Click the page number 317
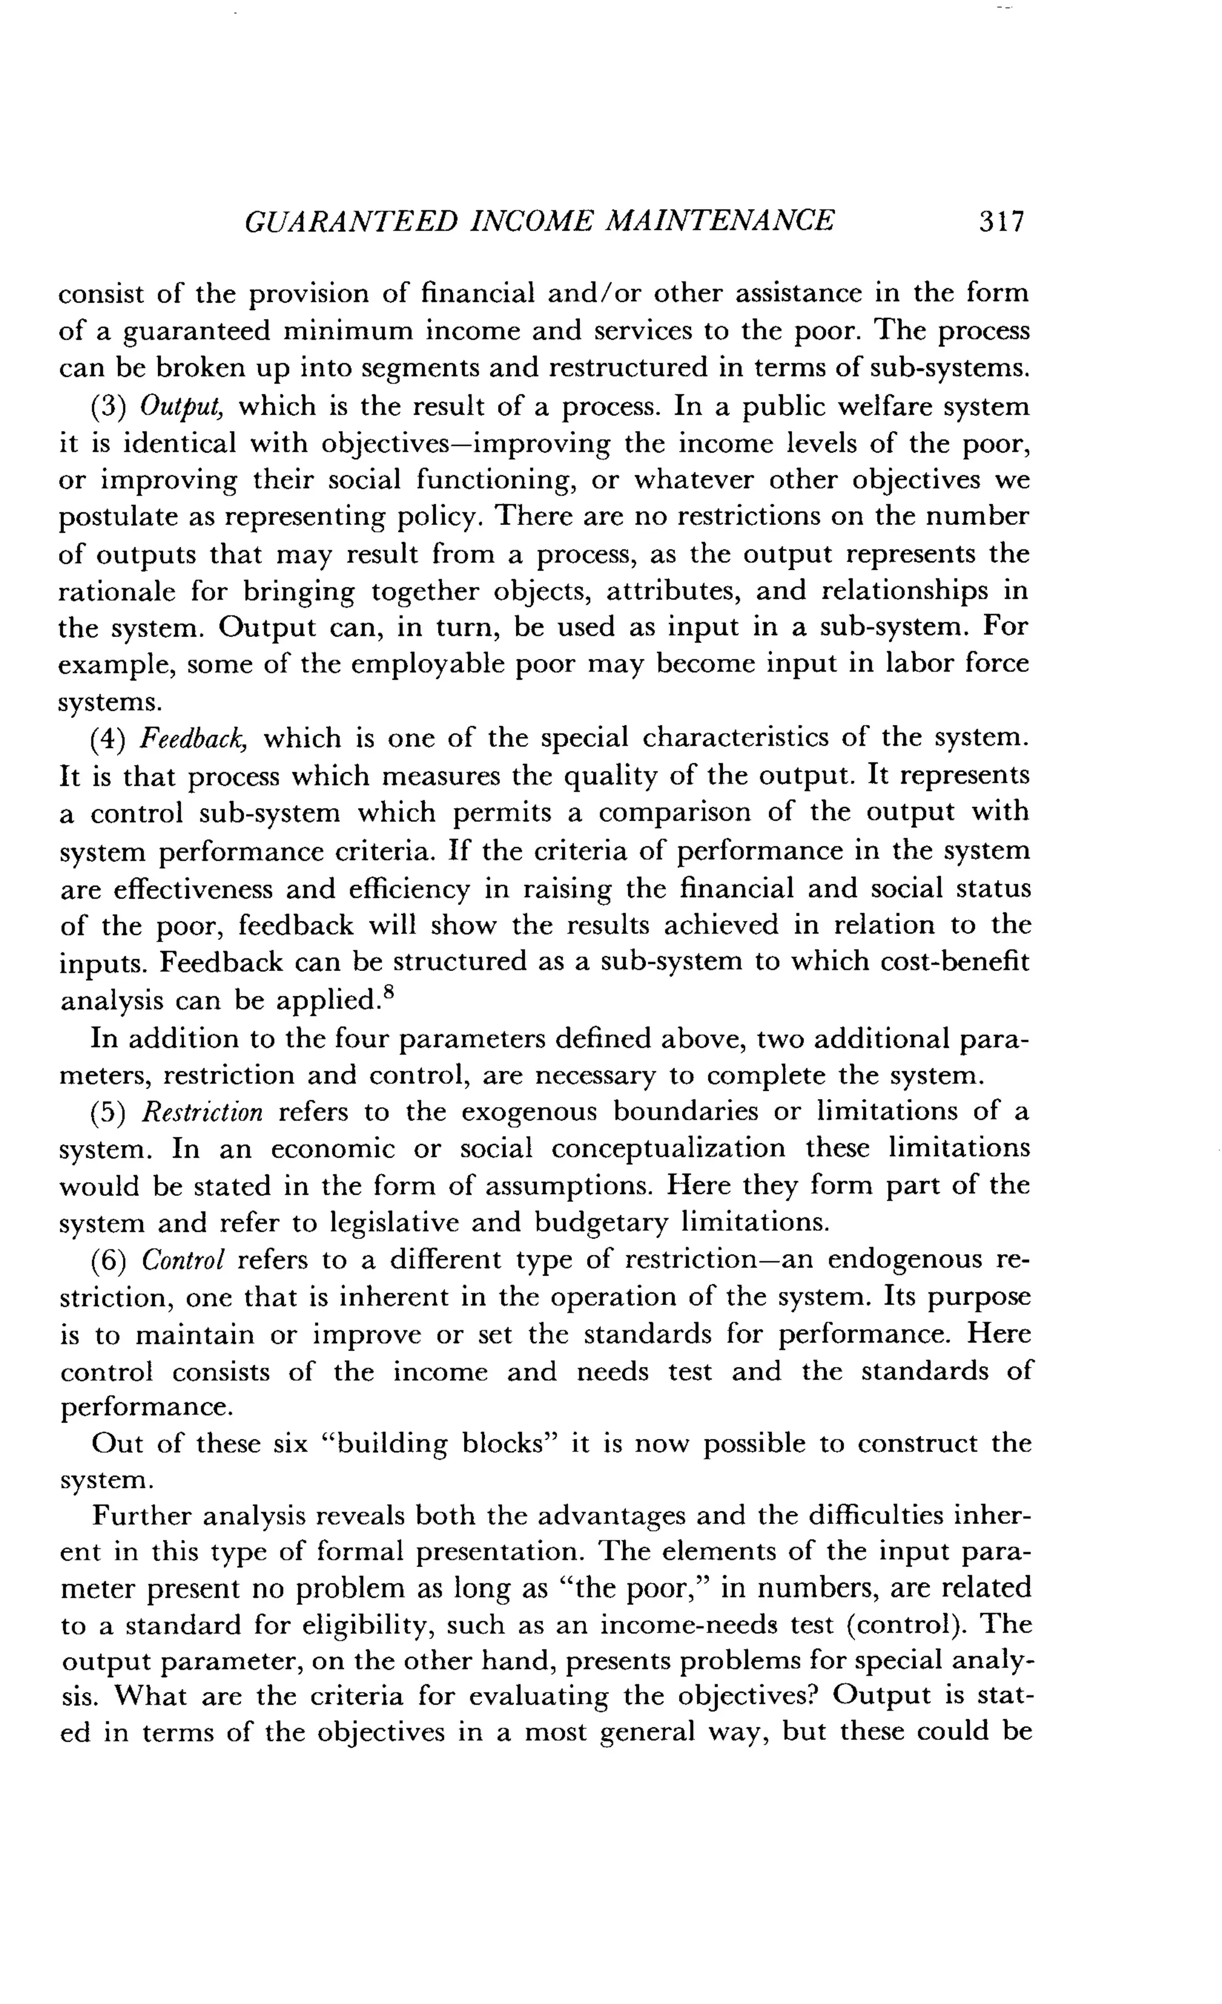1001,222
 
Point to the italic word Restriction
202,1112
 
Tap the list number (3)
107,407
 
